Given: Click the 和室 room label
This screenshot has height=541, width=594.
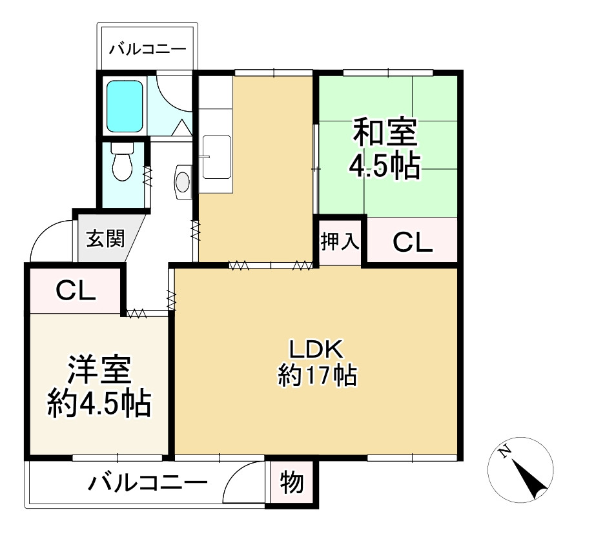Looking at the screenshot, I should [x=384, y=133].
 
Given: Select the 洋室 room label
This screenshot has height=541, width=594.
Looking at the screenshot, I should [x=100, y=370].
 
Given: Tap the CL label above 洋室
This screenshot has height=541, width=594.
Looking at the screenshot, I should [x=76, y=291].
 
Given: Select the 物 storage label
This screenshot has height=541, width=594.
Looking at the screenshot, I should [x=292, y=482].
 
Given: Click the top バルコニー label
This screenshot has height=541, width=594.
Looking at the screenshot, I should [x=147, y=49].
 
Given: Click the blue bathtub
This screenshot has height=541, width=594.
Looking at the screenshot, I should [x=123, y=106].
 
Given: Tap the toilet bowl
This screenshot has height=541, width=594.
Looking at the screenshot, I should [x=121, y=167].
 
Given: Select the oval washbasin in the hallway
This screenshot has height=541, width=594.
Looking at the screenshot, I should [x=183, y=180].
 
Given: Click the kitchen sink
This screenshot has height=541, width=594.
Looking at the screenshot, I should [x=216, y=157].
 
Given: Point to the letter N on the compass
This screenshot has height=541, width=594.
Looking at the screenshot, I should [x=506, y=451].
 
